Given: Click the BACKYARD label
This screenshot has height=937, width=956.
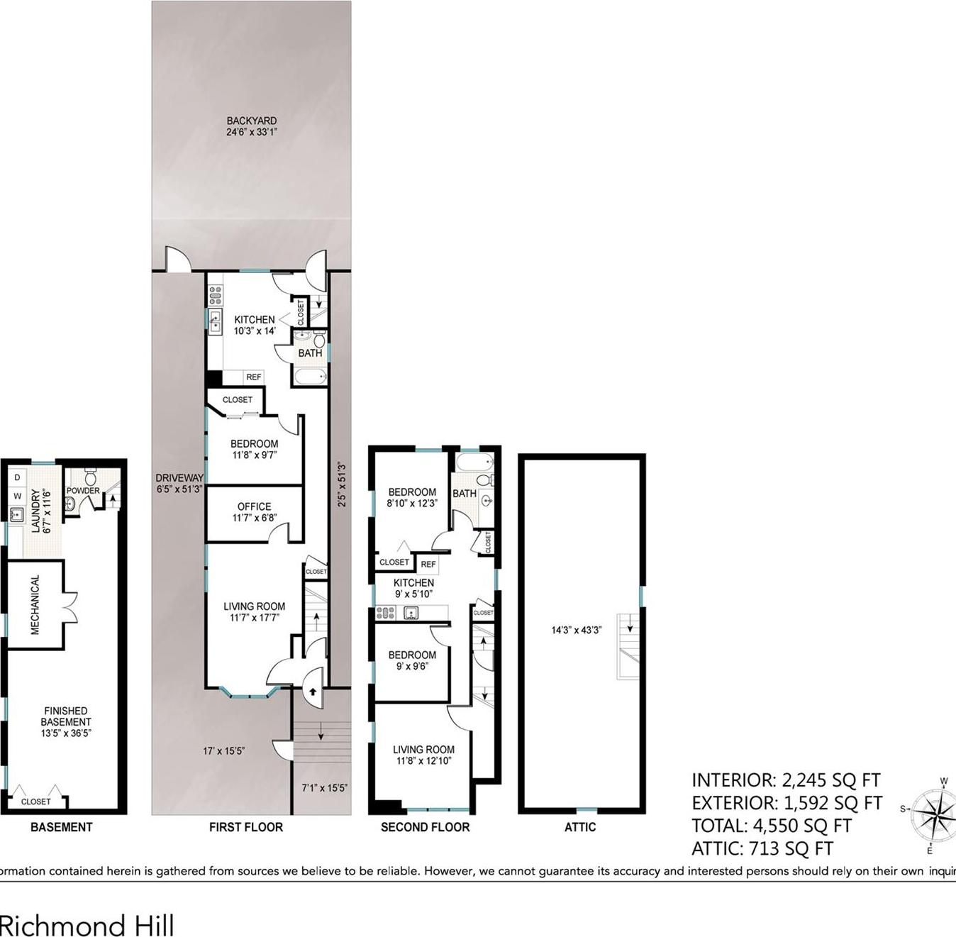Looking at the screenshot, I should click(251, 126).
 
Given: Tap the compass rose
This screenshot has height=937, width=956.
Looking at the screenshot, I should click(933, 814).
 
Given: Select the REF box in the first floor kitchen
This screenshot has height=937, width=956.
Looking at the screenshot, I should click(253, 377).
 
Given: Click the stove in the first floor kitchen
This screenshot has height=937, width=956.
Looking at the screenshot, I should click(215, 294).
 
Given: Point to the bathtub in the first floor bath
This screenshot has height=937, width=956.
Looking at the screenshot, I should click(310, 376).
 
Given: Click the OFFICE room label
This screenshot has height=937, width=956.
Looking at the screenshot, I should click(254, 511).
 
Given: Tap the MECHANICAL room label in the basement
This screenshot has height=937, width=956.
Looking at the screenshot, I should click(35, 604).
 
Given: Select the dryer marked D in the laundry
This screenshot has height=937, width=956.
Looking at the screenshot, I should click(18, 477).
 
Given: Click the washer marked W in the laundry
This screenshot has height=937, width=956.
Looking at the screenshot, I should click(18, 496).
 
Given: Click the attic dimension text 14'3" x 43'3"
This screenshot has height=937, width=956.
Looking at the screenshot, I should click(577, 629).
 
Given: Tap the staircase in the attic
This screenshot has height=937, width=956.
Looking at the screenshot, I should click(628, 645).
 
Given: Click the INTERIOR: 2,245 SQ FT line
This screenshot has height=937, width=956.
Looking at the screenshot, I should click(785, 780).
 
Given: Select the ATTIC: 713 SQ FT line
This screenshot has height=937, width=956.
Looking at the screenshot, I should click(762, 848).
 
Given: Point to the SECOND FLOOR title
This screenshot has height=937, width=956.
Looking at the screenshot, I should click(425, 827).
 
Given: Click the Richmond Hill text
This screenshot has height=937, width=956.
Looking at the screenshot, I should click(87, 925).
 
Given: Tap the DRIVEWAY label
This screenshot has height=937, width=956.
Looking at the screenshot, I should click(179, 483).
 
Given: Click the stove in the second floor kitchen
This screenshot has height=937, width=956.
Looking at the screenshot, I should click(386, 613).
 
